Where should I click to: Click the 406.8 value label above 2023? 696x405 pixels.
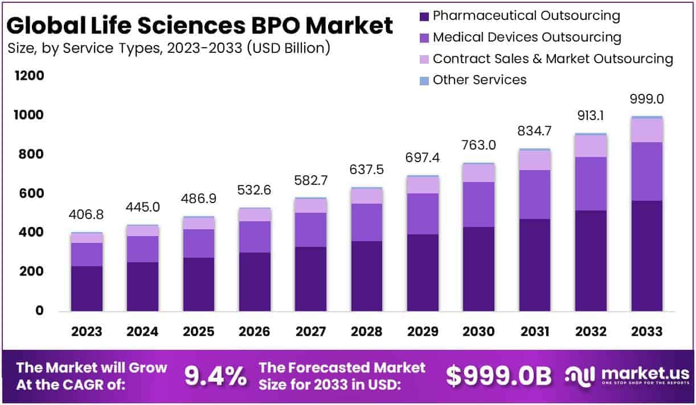[87, 216]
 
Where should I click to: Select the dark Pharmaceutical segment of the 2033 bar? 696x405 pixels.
[647, 256]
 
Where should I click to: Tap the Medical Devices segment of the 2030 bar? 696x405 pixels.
[478, 205]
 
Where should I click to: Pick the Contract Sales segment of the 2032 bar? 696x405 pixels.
[591, 146]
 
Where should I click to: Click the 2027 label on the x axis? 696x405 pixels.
[310, 332]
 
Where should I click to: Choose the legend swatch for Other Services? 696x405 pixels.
[424, 80]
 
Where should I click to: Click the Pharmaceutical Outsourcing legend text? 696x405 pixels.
[526, 16]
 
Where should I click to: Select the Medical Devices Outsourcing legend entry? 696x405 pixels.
[526, 38]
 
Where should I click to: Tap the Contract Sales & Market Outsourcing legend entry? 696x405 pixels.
[552, 59]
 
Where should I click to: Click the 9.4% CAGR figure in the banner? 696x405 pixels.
[216, 376]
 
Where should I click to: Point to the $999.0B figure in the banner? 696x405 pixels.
[498, 376]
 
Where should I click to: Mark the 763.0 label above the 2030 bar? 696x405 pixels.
[478, 145]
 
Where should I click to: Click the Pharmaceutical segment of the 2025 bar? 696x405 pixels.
[198, 284]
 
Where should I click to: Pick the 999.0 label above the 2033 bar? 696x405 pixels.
[647, 99]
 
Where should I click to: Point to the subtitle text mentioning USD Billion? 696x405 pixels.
[169, 48]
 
